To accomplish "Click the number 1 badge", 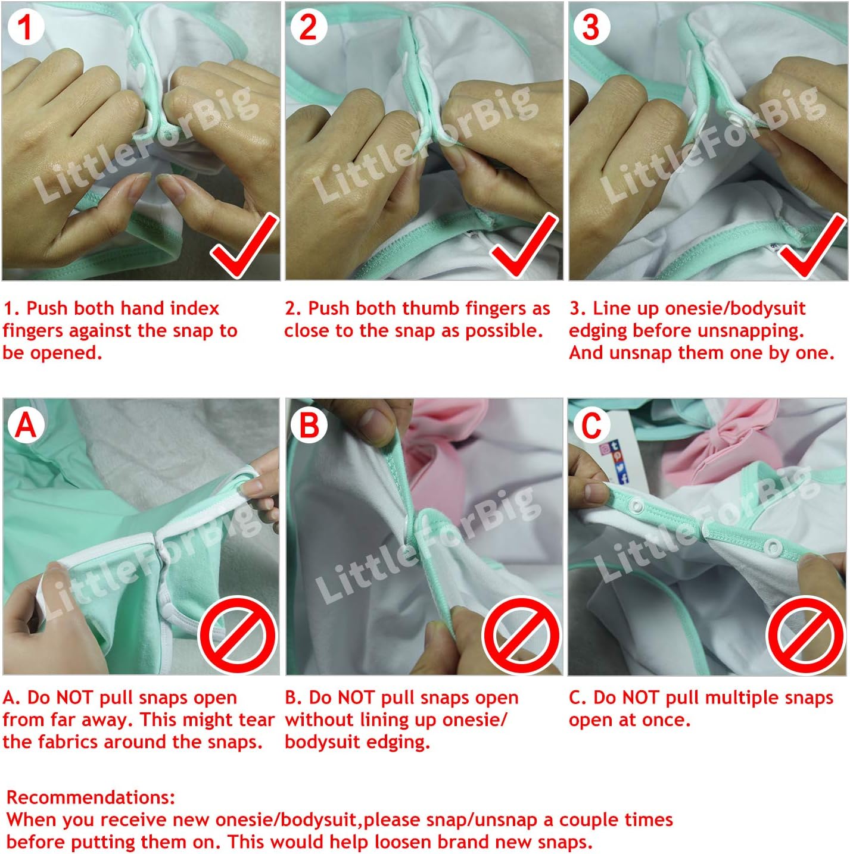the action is [x=25, y=27].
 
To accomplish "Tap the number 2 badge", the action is [x=309, y=27].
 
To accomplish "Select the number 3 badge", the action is [x=591, y=27].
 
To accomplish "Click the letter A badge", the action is [x=25, y=425].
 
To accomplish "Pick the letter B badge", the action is [x=309, y=425].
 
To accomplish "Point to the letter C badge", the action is [x=591, y=425].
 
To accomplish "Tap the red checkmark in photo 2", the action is [x=524, y=246].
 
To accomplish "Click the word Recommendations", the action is [x=91, y=797].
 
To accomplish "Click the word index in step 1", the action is [x=195, y=308].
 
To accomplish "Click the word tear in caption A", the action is [x=256, y=720].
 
